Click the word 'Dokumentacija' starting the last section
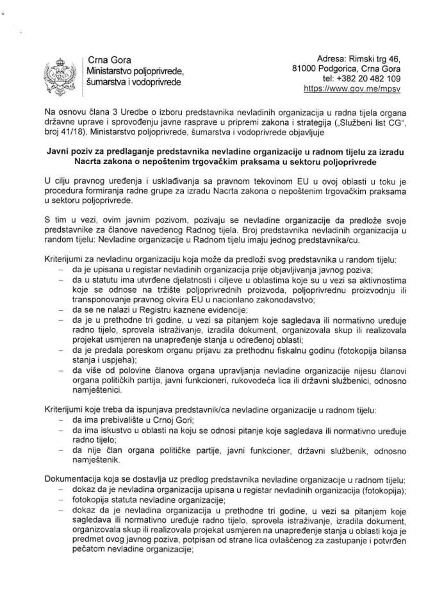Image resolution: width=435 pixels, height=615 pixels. coord(74,481)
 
